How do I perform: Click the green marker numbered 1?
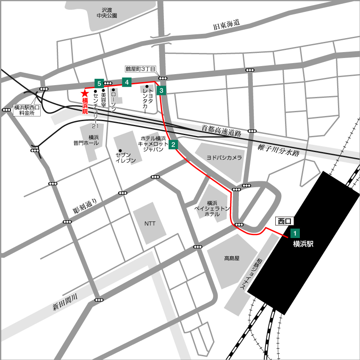coord(295,233)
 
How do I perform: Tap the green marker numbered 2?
coord(173,145)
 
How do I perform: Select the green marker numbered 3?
coord(161,90)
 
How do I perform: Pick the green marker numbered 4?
coord(126,82)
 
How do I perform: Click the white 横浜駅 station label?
coord(303,244)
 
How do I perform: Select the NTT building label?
coord(150,224)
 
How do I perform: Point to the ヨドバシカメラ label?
coord(224,157)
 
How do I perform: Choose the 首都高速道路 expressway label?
coord(221,130)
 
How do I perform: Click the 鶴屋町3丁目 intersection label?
coord(141,69)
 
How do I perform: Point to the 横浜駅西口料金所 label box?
coord(27,110)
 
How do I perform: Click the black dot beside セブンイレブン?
coord(121,151)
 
